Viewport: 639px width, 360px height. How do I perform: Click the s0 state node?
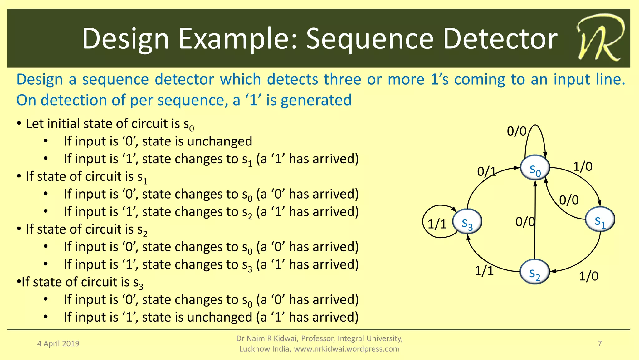click(535, 168)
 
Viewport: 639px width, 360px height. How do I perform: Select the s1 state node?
click(599, 219)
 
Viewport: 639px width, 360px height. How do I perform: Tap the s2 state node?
click(534, 272)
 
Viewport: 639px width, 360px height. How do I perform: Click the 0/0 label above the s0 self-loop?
click(516, 131)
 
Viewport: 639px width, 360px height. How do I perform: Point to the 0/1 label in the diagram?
click(486, 171)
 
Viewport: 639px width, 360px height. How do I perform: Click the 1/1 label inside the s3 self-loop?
click(437, 224)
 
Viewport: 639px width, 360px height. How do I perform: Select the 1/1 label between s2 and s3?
click(484, 270)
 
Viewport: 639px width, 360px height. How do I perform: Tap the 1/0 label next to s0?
click(583, 166)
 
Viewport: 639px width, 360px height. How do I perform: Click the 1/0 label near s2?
click(588, 276)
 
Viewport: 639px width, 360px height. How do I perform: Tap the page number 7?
click(599, 343)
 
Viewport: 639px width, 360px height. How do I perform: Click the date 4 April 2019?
click(58, 343)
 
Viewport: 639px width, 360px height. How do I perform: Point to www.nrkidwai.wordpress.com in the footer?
click(347, 349)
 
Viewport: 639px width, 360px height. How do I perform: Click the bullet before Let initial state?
click(19, 124)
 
